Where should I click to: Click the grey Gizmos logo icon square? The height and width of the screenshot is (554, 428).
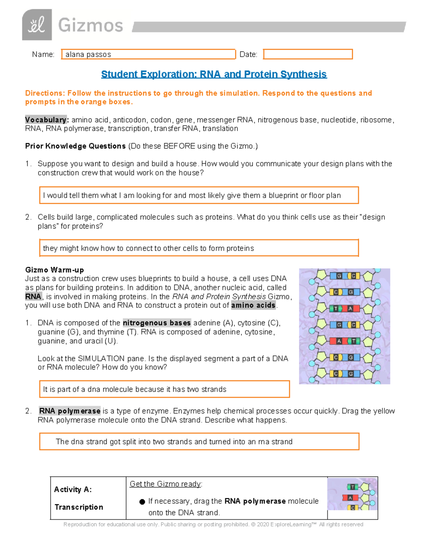[x=37, y=25]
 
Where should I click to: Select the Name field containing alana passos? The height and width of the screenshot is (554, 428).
[x=148, y=54]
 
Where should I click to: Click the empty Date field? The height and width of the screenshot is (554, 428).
[x=308, y=54]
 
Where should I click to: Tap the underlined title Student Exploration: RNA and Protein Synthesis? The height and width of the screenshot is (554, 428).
[x=214, y=74]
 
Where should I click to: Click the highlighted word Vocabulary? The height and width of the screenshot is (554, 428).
[x=46, y=120]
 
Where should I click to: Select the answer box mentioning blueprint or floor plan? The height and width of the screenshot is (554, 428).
[x=199, y=195]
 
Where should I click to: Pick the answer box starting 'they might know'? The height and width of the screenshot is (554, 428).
[x=199, y=248]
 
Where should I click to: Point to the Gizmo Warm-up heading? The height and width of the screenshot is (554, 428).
[x=55, y=270]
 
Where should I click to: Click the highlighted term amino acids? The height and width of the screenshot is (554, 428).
[x=253, y=305]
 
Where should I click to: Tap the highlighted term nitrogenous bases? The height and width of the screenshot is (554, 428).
[x=157, y=323]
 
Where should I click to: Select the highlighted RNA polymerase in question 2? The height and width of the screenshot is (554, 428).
[x=70, y=411]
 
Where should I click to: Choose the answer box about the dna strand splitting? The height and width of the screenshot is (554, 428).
[x=199, y=442]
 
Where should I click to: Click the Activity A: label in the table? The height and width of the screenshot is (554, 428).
[x=73, y=489]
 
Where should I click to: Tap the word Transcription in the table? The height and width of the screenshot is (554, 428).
[x=79, y=507]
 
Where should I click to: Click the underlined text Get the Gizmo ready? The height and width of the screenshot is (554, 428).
[x=166, y=484]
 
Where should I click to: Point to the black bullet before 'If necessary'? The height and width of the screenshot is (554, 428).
[x=142, y=502]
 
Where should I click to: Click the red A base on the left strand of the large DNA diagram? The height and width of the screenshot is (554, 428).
[x=339, y=341]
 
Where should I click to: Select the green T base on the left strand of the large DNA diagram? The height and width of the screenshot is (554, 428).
[x=336, y=309]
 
